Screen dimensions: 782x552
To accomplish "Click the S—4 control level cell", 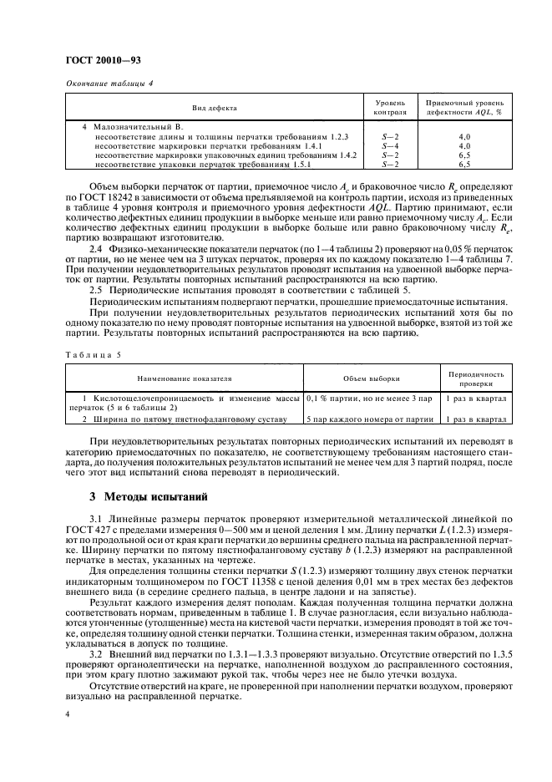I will tap(390, 145).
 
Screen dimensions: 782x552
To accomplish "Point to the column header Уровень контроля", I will tap(390, 107).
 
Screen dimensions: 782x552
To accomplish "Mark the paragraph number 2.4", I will tap(97, 248).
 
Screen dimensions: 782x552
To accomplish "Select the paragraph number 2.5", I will tap(97, 289).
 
